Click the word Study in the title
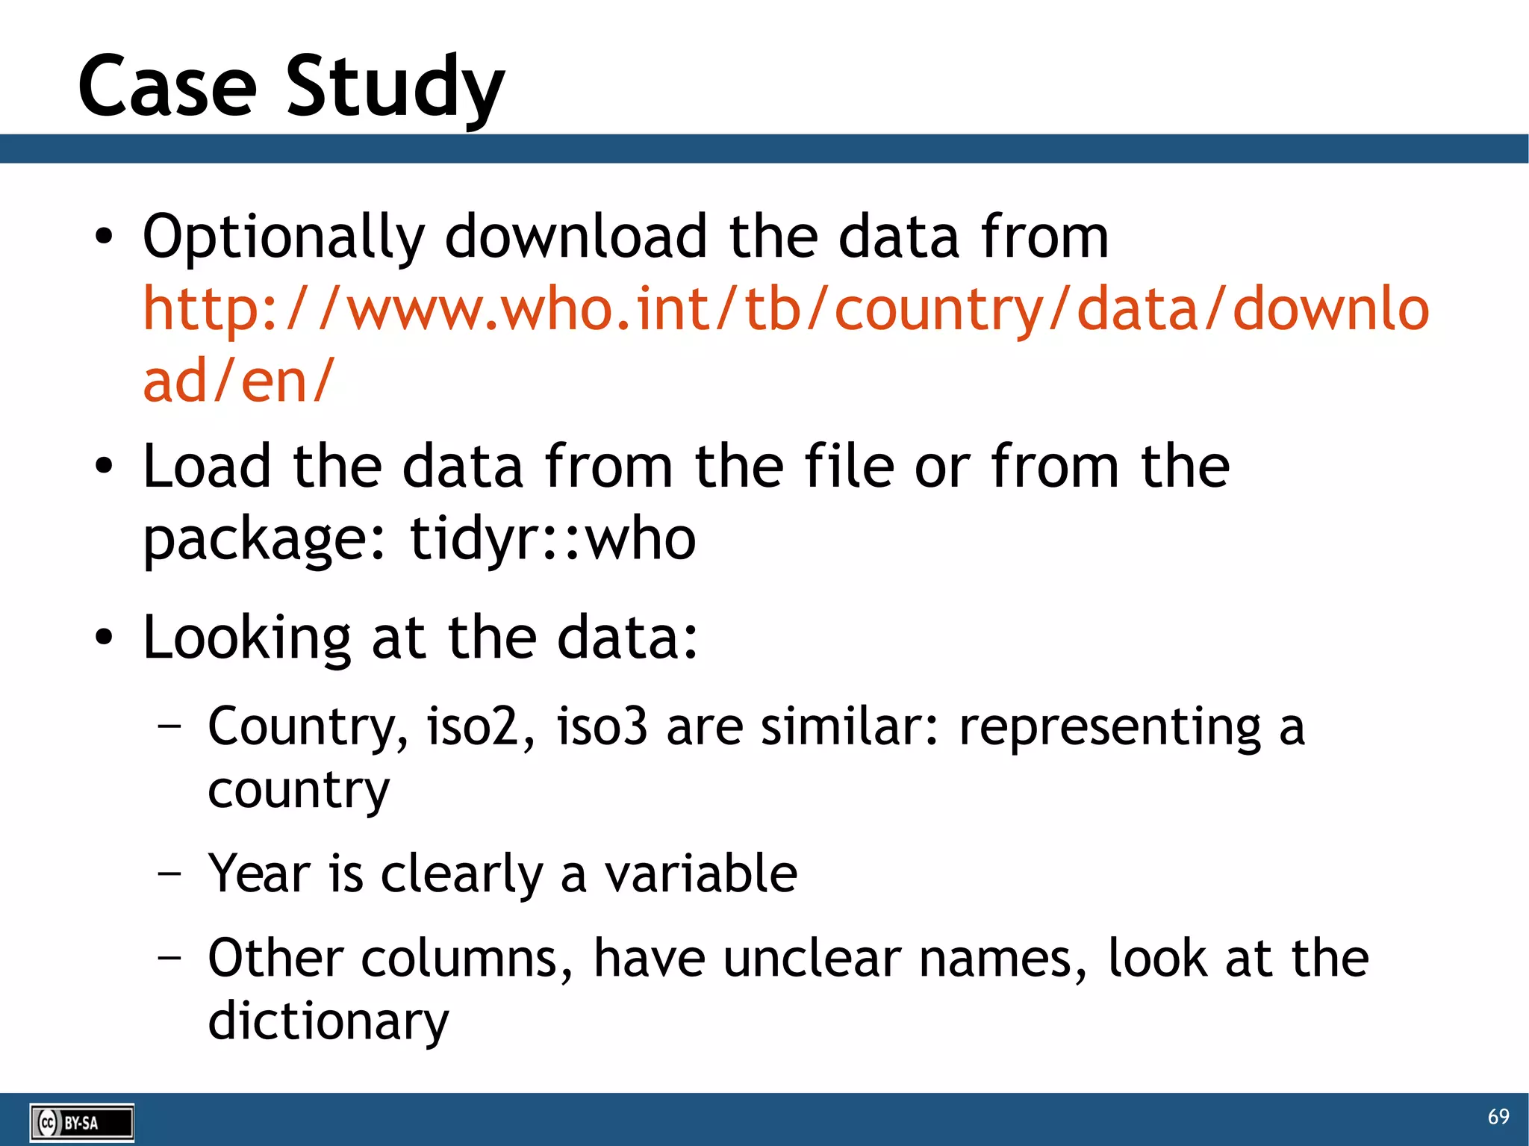(x=395, y=88)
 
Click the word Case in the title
(x=167, y=88)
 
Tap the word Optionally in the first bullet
(x=283, y=237)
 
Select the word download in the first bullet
(x=576, y=237)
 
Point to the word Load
(x=207, y=467)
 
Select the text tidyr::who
(x=553, y=538)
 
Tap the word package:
(x=265, y=540)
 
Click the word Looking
(x=246, y=639)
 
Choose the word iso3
(x=602, y=726)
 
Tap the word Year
(x=259, y=873)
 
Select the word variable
(x=700, y=873)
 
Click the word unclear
(x=812, y=958)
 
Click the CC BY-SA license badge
(x=81, y=1122)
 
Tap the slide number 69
(x=1498, y=1116)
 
